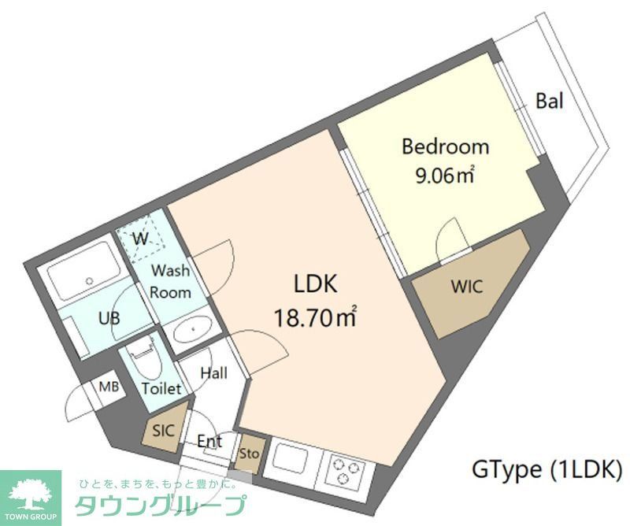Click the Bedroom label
point(445,146)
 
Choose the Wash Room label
point(171,282)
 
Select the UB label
point(109,319)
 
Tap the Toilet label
point(161,388)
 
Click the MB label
point(107,387)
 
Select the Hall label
point(213,372)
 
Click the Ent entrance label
point(209,441)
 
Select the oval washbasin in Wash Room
point(191,329)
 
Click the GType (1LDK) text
point(547,470)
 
